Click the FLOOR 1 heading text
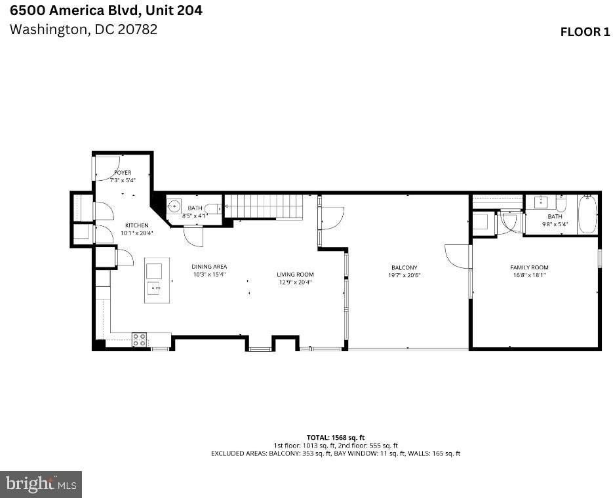pyautogui.click(x=584, y=32)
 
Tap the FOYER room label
pyautogui.click(x=123, y=173)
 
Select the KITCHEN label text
pyautogui.click(x=136, y=225)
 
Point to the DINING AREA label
pyautogui.click(x=209, y=267)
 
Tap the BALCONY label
pyautogui.click(x=404, y=267)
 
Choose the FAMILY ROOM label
pyautogui.click(x=529, y=267)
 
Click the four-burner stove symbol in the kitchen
pyautogui.click(x=139, y=339)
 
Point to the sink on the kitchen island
pyautogui.click(x=156, y=288)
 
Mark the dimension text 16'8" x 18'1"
pyautogui.click(x=529, y=275)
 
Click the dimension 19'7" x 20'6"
pyautogui.click(x=404, y=275)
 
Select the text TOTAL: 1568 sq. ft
pyautogui.click(x=336, y=437)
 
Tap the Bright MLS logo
pyautogui.click(x=41, y=484)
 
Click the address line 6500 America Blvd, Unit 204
pyautogui.click(x=106, y=10)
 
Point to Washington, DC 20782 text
pyautogui.click(x=83, y=29)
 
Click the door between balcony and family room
pyautogui.click(x=458, y=256)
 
